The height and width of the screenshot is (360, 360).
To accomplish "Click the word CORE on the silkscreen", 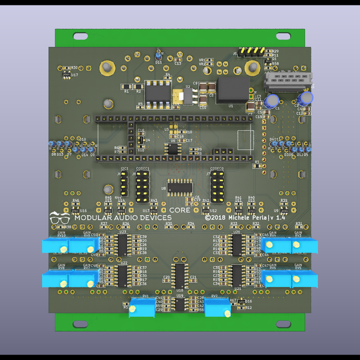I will pyautogui.click(x=180, y=211).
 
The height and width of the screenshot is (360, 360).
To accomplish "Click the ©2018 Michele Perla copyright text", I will pyautogui.click(x=245, y=218).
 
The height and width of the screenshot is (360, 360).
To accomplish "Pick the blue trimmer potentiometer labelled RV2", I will pyautogui.click(x=218, y=307).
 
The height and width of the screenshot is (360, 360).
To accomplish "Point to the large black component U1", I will pyautogui.click(x=232, y=89).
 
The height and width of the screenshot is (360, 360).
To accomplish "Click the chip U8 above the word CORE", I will pyautogui.click(x=180, y=187).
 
